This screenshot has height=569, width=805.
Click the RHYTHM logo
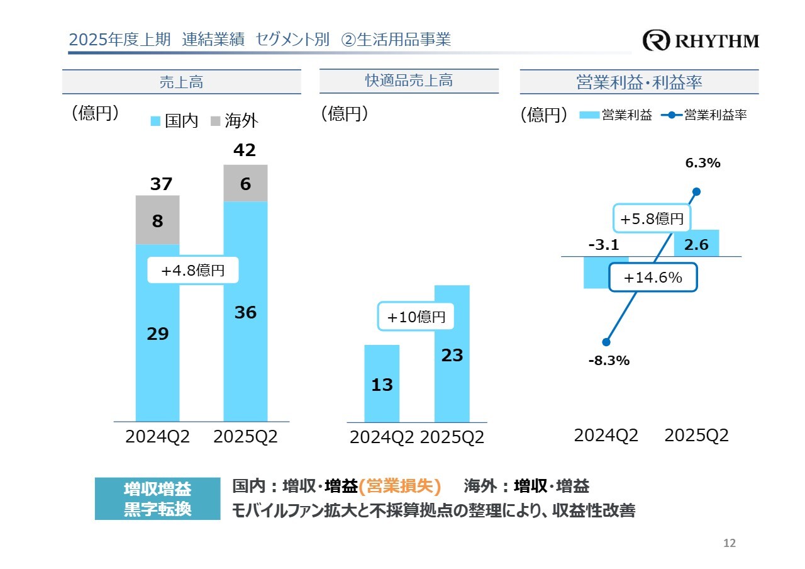(x=701, y=41)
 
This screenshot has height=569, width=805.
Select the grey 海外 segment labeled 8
(x=158, y=220)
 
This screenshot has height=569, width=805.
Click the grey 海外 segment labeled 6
(x=245, y=184)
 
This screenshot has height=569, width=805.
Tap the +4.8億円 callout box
(x=193, y=271)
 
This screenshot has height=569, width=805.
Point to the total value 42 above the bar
(x=245, y=150)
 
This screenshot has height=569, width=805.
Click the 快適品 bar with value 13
(x=382, y=383)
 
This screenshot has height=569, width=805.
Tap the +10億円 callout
(x=416, y=317)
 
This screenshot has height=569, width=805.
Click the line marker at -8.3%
(x=606, y=342)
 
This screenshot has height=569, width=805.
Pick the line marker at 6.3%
(x=696, y=192)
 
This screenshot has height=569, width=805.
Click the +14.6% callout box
(x=653, y=278)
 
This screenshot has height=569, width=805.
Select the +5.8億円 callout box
(x=651, y=219)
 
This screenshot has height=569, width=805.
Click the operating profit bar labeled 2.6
(x=697, y=244)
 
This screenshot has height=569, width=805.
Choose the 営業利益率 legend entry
(x=706, y=115)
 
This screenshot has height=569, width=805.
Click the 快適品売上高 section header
(x=409, y=81)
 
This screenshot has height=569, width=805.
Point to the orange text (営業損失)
(x=399, y=486)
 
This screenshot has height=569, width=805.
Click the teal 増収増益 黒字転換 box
(x=157, y=499)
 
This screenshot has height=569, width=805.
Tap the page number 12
(x=730, y=543)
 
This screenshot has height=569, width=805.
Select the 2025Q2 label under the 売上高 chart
(x=245, y=437)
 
